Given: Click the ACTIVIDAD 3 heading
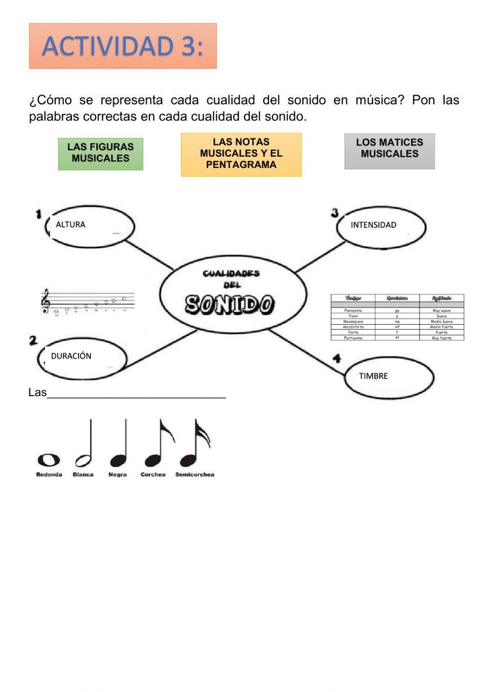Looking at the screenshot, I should click(x=122, y=46).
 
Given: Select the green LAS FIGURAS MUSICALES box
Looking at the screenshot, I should click(x=101, y=154).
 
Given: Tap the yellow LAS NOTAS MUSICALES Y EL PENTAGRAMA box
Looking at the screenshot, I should click(x=241, y=154).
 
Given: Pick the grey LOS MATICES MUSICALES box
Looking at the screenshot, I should click(x=389, y=151).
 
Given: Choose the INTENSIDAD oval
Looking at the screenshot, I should click(x=381, y=227).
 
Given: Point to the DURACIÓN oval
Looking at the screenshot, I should click(x=82, y=357).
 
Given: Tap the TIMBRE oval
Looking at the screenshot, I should click(x=389, y=377).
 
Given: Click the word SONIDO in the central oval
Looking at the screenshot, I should click(x=229, y=305).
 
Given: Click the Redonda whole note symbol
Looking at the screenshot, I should click(x=49, y=460).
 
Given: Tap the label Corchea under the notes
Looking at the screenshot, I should click(x=153, y=475).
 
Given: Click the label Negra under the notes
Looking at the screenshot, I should click(x=117, y=475).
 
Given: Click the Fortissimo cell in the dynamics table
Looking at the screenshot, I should click(x=353, y=338).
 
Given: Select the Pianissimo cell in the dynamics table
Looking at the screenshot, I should click(x=353, y=310).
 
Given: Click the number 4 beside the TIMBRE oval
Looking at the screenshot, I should click(x=337, y=359).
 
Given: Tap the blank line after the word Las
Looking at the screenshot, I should click(x=136, y=394).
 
